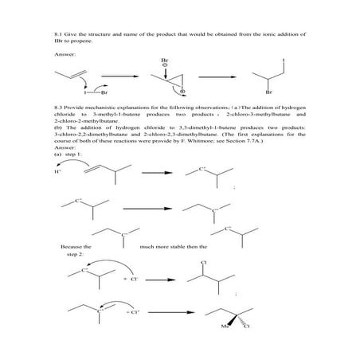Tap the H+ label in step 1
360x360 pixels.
coord(57,170)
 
